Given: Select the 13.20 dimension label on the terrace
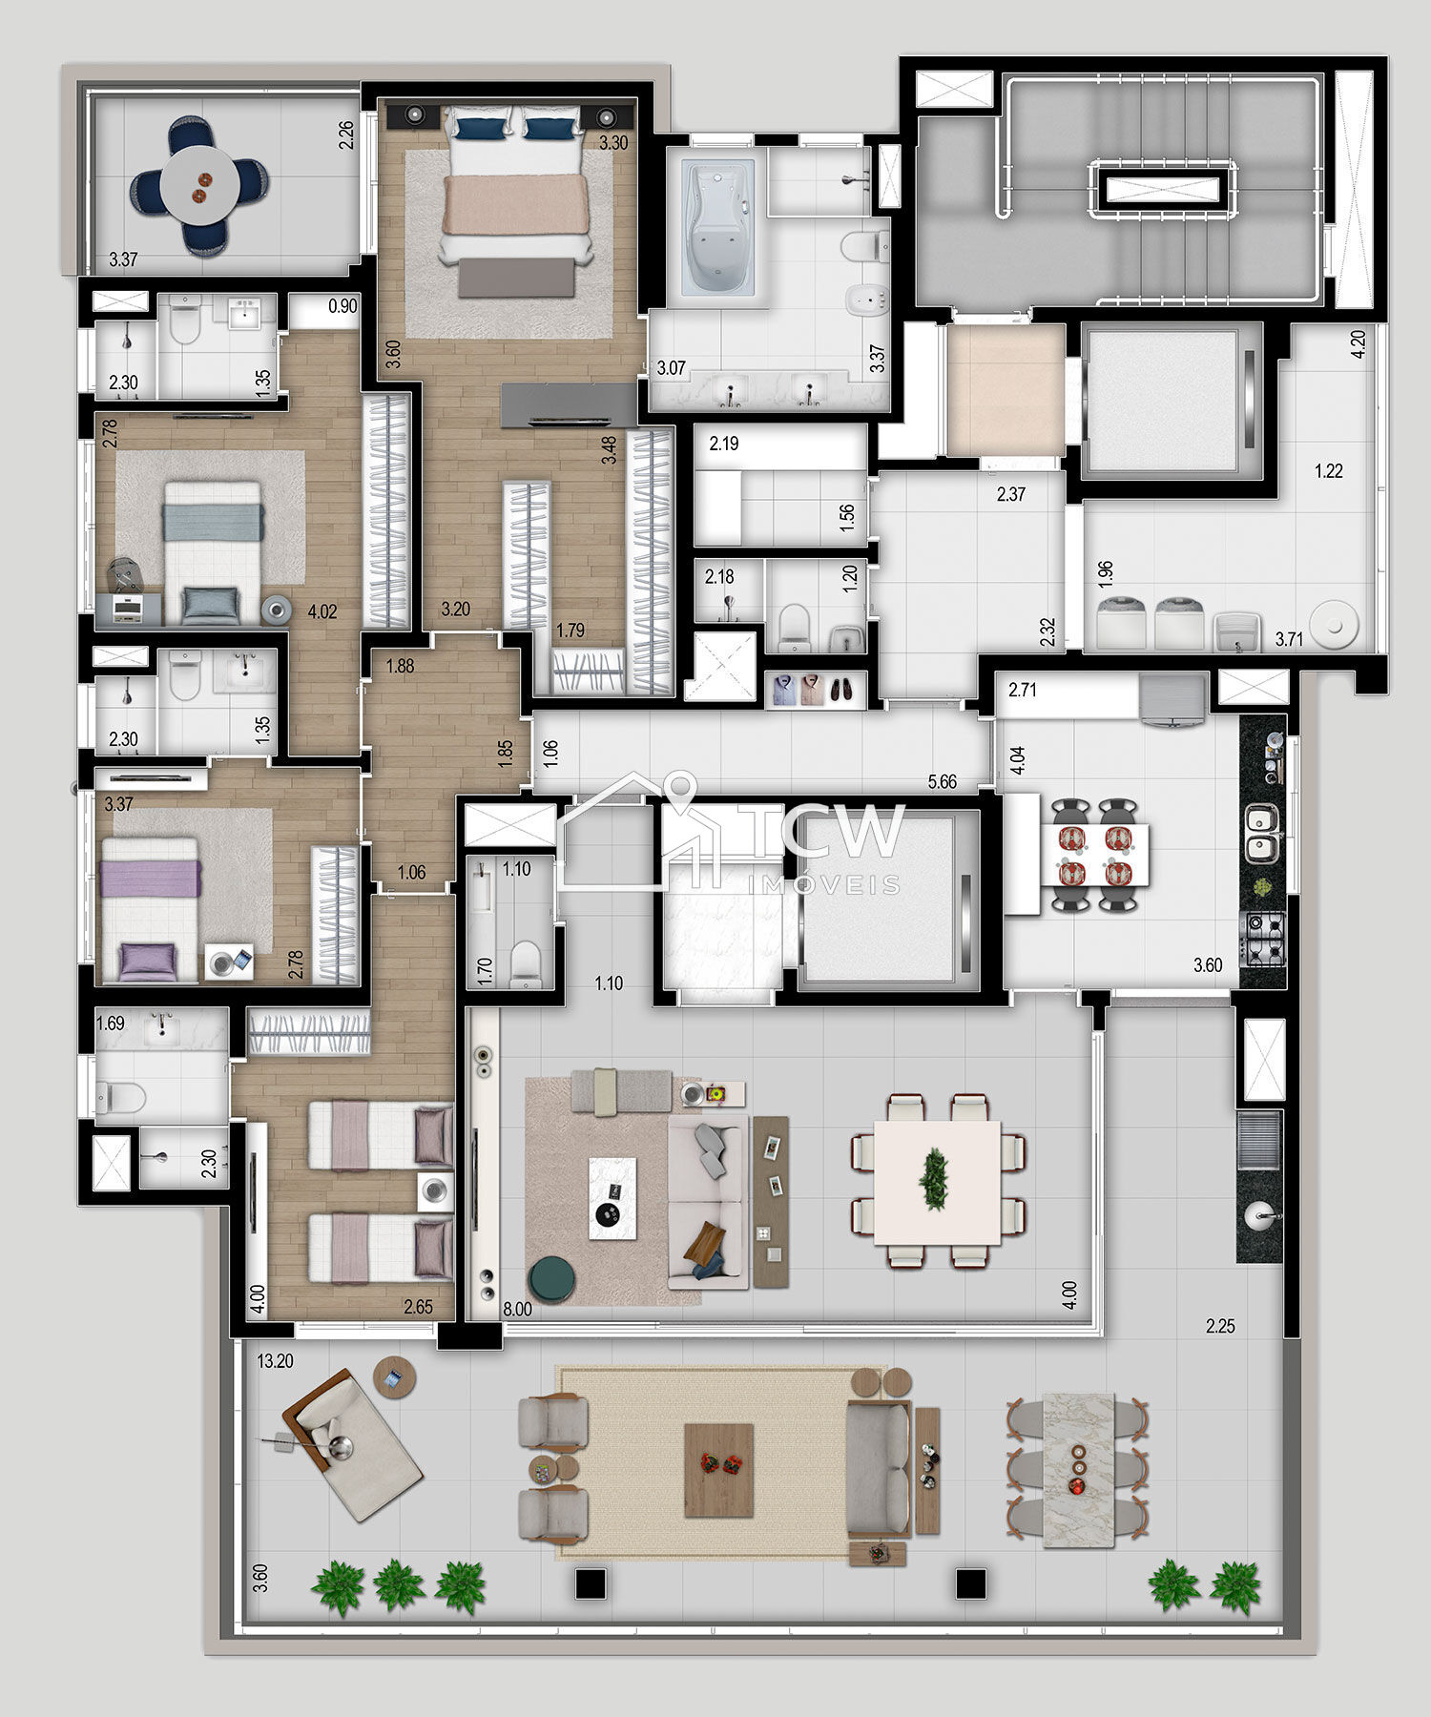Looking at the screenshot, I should click(275, 1361).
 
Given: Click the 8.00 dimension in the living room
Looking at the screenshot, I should click(517, 1310).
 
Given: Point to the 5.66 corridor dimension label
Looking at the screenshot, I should click(942, 781).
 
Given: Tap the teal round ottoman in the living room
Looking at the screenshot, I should click(553, 1279).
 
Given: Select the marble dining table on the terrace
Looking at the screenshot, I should click(1078, 1470).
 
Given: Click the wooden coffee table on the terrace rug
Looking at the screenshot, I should click(718, 1470).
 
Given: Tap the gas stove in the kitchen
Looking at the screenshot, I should click(1262, 938).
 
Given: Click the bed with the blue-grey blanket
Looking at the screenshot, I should click(212, 553).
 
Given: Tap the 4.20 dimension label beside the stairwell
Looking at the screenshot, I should click(1359, 342).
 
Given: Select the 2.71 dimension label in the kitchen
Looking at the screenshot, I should click(1022, 689).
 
